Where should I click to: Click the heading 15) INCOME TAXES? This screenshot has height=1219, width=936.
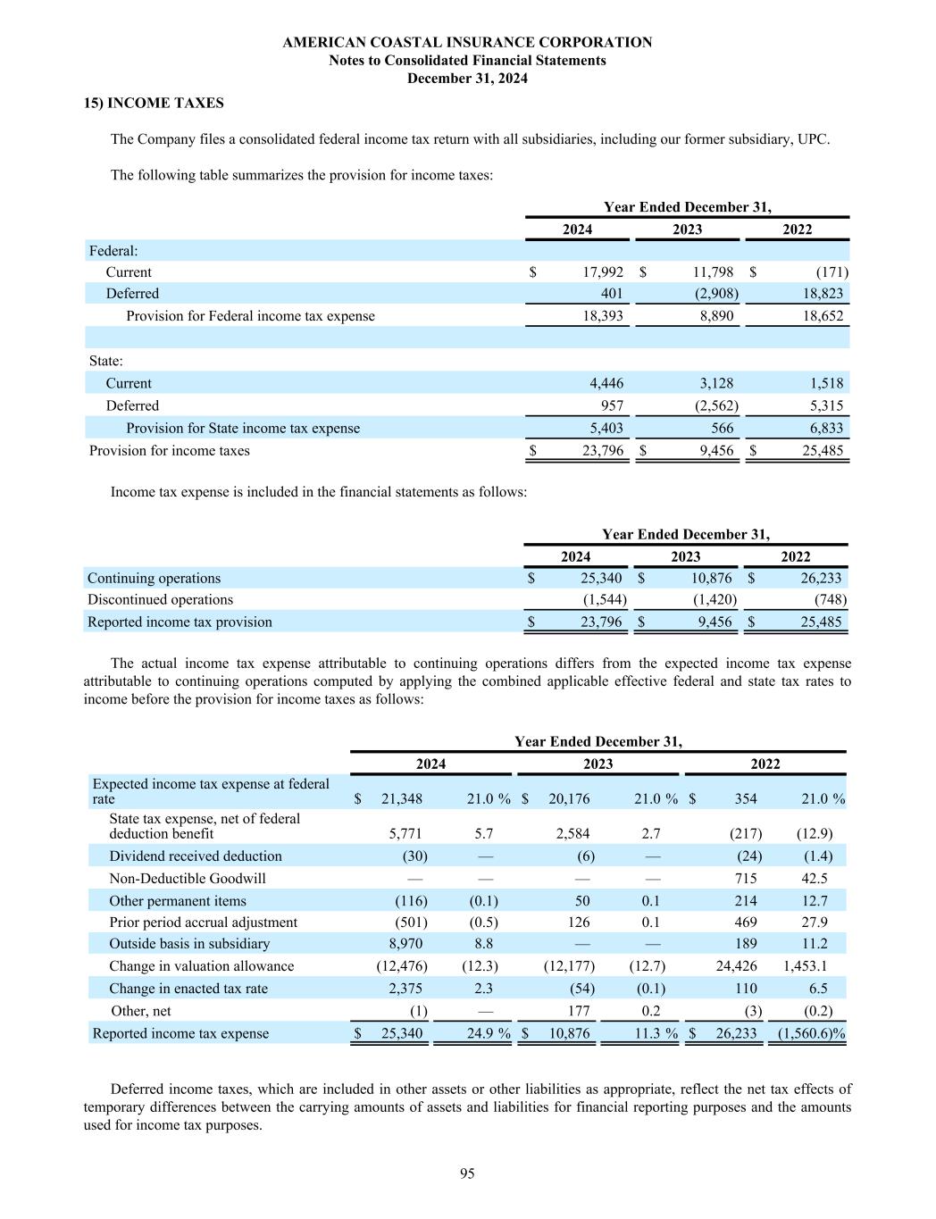click(154, 103)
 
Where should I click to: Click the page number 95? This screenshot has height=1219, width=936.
click(467, 1173)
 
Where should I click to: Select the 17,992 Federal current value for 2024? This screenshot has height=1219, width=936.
click(603, 272)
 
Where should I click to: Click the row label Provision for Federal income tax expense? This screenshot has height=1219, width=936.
click(250, 316)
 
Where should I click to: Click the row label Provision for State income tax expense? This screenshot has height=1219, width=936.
click(243, 428)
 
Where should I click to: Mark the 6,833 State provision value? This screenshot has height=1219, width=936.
click(820, 428)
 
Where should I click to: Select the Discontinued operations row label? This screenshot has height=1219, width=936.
click(160, 599)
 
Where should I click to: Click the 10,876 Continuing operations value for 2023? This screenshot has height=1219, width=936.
click(711, 578)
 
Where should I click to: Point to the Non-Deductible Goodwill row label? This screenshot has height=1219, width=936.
click(188, 878)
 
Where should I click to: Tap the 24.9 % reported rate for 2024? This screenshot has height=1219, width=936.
click(486, 1033)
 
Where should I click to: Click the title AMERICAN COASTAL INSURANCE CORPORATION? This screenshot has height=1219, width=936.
click(467, 42)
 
